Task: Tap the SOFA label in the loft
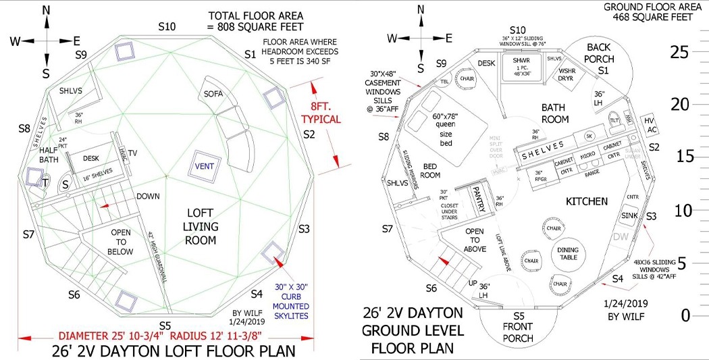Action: click(214, 94)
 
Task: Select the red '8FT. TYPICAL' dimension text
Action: click(321, 113)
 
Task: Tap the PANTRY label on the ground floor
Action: click(481, 201)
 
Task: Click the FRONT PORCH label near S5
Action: click(519, 327)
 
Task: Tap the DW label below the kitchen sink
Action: click(620, 237)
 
